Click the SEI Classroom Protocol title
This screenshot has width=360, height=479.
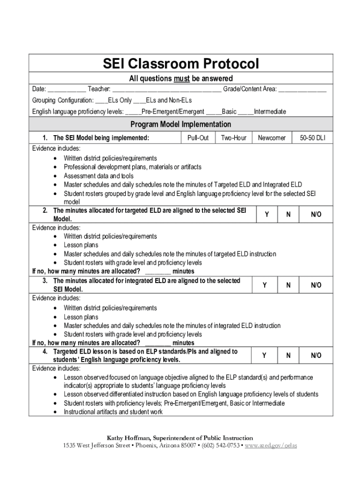(x=180, y=64)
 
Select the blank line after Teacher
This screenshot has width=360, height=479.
(x=167, y=89)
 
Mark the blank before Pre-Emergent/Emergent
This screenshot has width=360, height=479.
(x=133, y=112)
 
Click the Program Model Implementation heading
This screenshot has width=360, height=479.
(x=180, y=124)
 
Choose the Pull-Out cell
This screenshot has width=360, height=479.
(x=198, y=138)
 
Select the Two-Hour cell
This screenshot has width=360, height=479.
(x=233, y=138)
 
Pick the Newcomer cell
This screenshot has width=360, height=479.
(x=272, y=138)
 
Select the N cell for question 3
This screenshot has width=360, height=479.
(x=288, y=285)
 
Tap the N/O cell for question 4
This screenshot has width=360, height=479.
(x=316, y=356)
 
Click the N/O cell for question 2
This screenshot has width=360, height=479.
(x=316, y=214)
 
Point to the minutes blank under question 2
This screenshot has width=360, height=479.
(x=158, y=272)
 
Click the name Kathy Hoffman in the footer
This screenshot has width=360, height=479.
(x=127, y=438)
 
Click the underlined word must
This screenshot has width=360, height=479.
(x=181, y=79)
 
